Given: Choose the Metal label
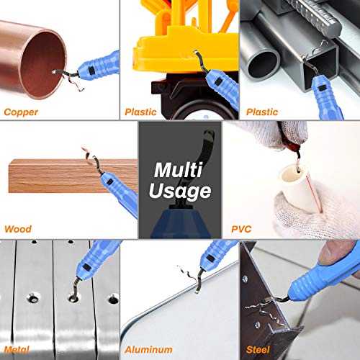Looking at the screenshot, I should (x=19, y=348).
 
